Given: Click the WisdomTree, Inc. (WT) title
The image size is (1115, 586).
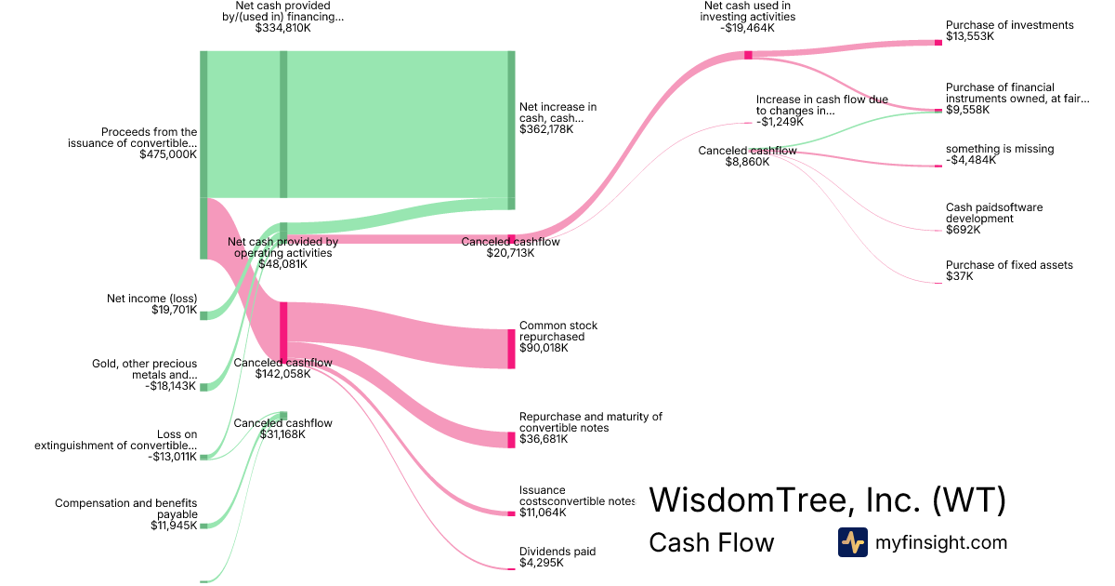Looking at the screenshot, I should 827,499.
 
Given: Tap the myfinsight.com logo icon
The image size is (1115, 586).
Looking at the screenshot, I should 852,542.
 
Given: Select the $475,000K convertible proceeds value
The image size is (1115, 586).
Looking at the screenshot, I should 167,154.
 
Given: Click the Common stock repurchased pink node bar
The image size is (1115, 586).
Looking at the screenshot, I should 511,348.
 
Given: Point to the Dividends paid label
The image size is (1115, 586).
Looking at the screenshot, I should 557,552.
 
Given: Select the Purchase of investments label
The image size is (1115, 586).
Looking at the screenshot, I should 996,25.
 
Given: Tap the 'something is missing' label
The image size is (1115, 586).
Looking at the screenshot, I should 1000,149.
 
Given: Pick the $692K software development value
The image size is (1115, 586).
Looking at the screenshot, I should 963,230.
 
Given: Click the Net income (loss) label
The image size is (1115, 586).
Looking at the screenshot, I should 152,299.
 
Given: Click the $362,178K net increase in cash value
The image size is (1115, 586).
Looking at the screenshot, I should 546,129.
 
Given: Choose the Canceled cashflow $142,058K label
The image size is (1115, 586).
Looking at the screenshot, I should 282,363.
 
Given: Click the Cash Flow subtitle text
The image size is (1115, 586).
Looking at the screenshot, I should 711,542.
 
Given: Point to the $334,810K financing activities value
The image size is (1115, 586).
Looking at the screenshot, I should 282,28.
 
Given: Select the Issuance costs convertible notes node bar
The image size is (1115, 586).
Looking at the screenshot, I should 511,513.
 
